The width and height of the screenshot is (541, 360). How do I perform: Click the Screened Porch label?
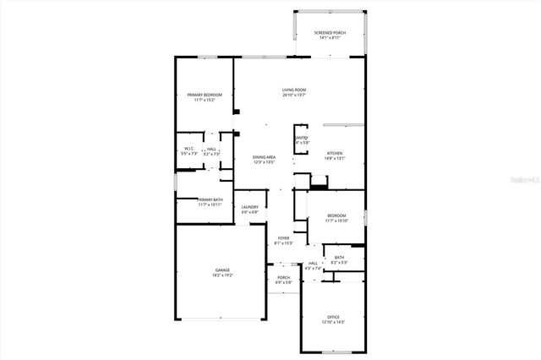point(330,32)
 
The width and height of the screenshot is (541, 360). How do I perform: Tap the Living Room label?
point(294,90)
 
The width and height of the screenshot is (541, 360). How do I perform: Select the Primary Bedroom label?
point(205,95)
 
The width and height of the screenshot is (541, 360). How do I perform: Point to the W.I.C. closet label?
point(189,149)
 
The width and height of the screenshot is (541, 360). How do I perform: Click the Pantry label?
point(301,138)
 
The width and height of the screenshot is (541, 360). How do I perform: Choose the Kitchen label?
point(335,153)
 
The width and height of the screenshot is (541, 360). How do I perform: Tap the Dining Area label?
point(265,157)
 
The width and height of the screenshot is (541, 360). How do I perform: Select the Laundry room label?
point(250,207)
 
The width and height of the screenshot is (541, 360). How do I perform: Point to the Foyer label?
point(284,238)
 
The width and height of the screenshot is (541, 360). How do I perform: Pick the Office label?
point(334,317)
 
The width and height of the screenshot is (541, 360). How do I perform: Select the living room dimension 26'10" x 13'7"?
point(294,95)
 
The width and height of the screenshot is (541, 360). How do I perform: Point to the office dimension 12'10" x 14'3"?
point(334,322)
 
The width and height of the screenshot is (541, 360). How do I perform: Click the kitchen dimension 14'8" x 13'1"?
point(335,158)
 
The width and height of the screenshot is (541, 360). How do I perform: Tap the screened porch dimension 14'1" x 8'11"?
point(330,37)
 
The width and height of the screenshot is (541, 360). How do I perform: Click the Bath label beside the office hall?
point(339,258)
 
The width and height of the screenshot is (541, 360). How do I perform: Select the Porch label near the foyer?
point(284,277)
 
